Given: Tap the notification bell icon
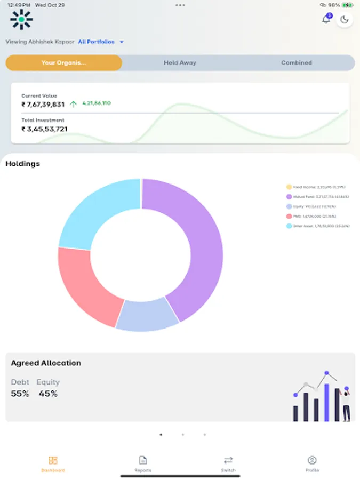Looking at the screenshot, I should pos(326,20).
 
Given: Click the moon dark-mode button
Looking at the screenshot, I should pos(345,20).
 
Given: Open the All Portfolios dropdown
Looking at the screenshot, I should pos(101,42).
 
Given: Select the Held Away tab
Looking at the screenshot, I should pos(180,63).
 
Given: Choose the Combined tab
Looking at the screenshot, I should pos(297,63).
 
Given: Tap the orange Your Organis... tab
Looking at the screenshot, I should pos(63,63).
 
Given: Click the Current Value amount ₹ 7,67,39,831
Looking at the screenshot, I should pos(43,105).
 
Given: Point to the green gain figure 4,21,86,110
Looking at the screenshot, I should pos(97,103).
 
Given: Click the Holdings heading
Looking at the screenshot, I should pos(22,164).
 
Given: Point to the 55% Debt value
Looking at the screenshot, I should pos(20,394).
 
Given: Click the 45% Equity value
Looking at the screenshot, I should pos(47,394).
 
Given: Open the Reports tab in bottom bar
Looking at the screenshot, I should pos(143,463).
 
